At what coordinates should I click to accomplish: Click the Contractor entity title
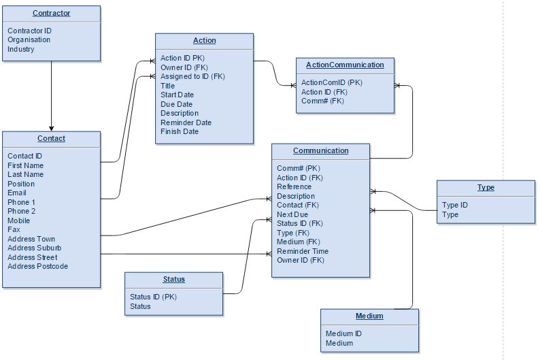click(51, 13)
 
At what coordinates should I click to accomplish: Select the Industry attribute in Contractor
click(21, 49)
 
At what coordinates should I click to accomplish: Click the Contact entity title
click(51, 139)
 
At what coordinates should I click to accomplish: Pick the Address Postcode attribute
click(38, 266)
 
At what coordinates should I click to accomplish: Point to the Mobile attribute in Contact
click(19, 220)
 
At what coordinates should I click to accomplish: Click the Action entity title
click(204, 41)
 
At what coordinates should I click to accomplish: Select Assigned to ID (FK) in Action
click(192, 76)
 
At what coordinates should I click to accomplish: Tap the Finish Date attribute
click(180, 131)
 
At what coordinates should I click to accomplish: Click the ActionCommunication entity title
click(345, 65)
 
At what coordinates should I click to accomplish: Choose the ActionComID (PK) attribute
click(332, 82)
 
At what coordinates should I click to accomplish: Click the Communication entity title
click(320, 151)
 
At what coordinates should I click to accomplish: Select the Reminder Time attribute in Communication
click(303, 251)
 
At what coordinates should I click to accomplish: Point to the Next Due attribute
click(292, 214)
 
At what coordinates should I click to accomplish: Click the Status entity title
click(173, 279)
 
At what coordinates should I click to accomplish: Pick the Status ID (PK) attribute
click(153, 297)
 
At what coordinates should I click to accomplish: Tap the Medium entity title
click(369, 316)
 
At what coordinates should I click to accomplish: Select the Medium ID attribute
click(344, 333)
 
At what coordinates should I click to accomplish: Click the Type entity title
click(486, 187)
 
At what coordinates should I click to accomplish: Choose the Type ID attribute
click(455, 205)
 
